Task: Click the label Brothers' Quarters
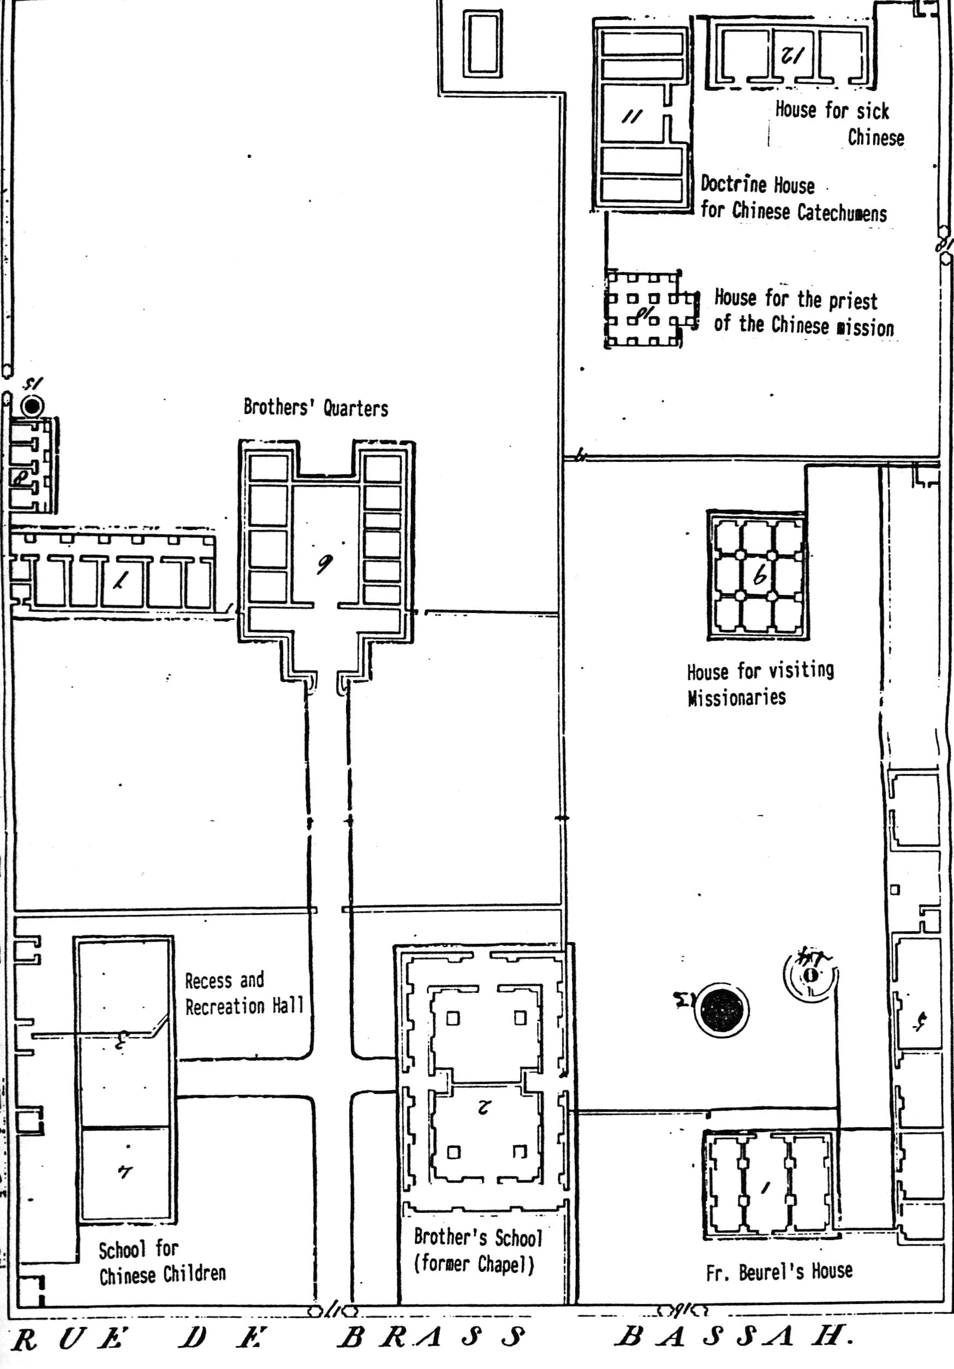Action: [x=315, y=408]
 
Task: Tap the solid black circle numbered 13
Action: [x=722, y=1009]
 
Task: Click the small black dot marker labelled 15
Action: [x=32, y=406]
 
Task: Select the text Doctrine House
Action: [x=757, y=184]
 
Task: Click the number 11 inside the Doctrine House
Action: [x=631, y=116]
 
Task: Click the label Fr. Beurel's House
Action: [x=779, y=1272]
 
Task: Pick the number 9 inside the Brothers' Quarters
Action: [x=324, y=563]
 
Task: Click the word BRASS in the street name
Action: [x=432, y=1337]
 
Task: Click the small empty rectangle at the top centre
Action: [x=482, y=44]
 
